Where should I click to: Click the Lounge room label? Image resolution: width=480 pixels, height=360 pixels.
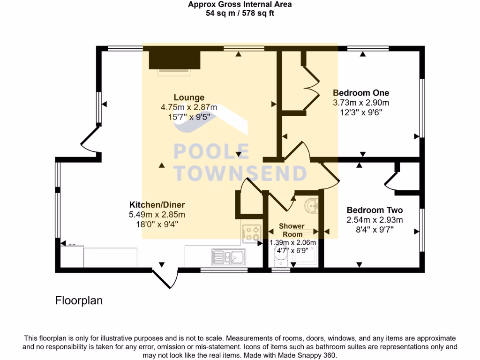tap(189, 97)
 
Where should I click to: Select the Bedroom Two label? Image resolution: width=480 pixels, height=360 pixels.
tap(374, 210)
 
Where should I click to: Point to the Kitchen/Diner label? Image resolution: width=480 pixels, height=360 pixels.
tap(157, 205)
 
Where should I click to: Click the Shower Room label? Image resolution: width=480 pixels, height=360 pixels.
tap(292, 230)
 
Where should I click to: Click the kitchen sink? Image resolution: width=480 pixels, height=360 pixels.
tap(227, 257)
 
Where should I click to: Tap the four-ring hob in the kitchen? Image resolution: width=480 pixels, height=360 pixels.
tap(252, 234)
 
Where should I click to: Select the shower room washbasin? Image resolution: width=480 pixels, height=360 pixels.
tap(311, 205)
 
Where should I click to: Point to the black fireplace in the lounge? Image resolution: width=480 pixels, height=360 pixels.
tap(174, 60)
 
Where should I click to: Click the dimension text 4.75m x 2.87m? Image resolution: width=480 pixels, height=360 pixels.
tap(189, 107)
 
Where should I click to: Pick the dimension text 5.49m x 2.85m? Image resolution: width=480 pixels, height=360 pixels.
tap(157, 215)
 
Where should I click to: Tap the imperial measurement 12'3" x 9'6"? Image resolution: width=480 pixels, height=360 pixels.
tap(360, 112)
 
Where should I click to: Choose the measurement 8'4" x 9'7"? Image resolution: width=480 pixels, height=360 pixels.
tap(374, 230)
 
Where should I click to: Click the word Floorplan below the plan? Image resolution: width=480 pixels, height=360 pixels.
tap(79, 300)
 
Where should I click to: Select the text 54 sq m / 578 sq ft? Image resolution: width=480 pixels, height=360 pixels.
tap(240, 13)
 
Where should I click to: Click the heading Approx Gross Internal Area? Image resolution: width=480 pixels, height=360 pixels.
tap(240, 5)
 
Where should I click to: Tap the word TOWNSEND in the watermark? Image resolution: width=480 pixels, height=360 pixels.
tap(240, 173)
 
